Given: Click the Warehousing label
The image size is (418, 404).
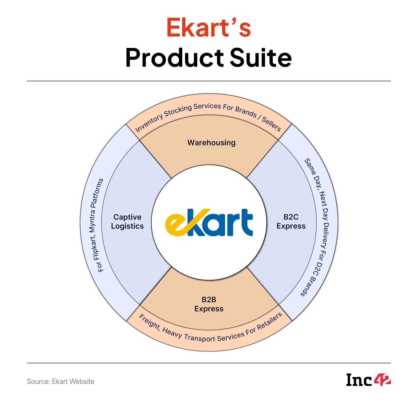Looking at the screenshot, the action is [211, 143].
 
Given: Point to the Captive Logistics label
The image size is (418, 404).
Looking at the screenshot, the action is [127, 222].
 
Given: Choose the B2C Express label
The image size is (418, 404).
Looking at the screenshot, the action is [291, 222].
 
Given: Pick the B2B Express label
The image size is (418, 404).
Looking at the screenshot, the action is [209, 304].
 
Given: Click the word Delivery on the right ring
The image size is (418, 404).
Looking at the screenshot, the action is [325, 240].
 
